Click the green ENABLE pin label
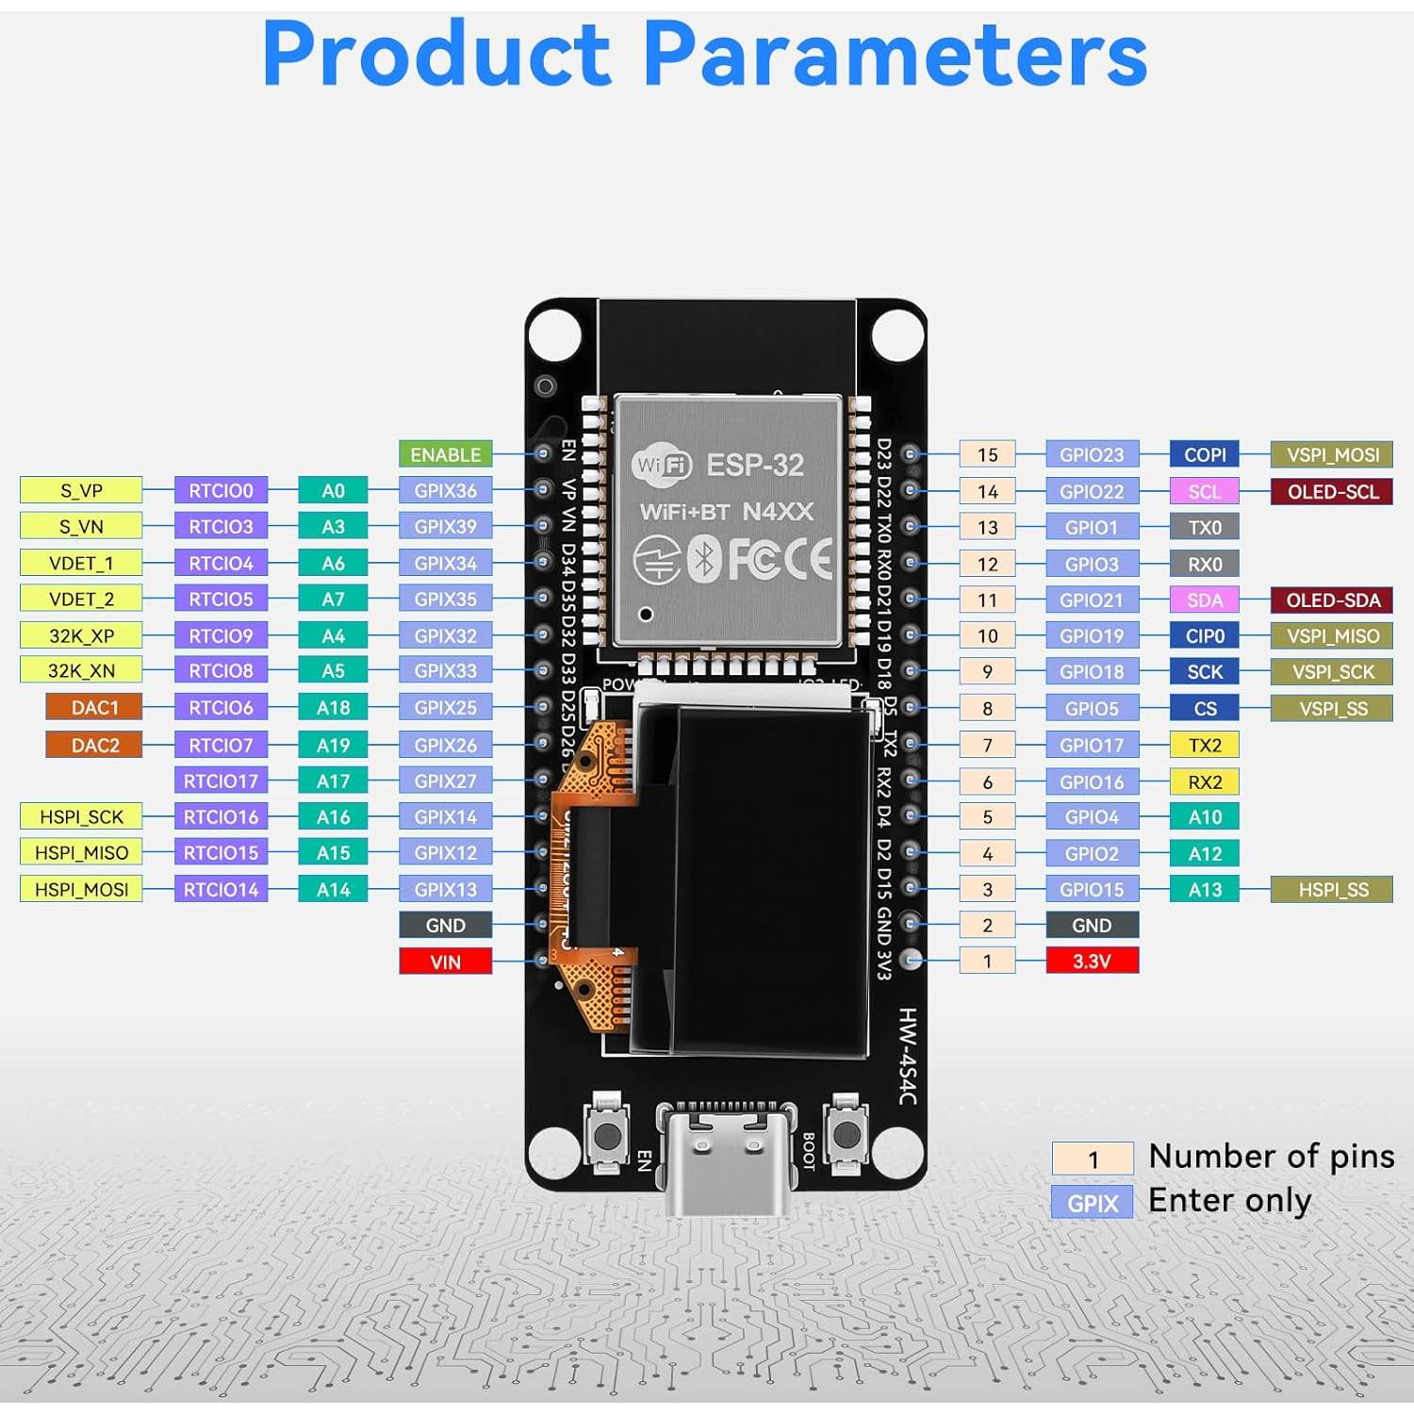[x=445, y=454]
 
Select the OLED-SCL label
[x=1332, y=491]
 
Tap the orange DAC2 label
[x=94, y=745]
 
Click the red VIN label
[x=445, y=962]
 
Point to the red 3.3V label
[x=1092, y=961]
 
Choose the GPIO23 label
[x=1092, y=454]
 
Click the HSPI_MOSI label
[x=81, y=889]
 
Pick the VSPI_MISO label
[x=1332, y=636]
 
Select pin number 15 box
[x=987, y=454]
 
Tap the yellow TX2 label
[x=1205, y=745]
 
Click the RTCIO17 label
[x=221, y=781]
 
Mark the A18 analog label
[x=333, y=708]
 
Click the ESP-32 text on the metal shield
[x=754, y=465]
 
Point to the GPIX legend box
[x=1092, y=1203]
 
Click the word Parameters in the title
[x=896, y=54]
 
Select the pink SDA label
[x=1205, y=600]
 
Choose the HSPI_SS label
[x=1332, y=889]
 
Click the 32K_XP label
[x=81, y=635]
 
